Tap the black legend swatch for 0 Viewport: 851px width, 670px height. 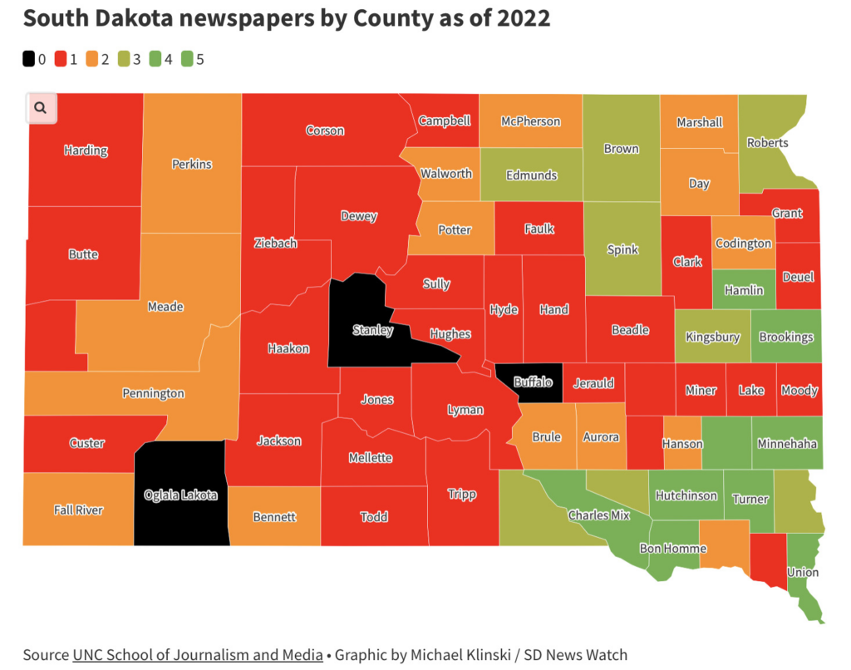click(29, 59)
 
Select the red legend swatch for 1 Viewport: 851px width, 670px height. click(61, 59)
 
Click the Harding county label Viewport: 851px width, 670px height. click(86, 150)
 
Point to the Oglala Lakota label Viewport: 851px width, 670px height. click(180, 495)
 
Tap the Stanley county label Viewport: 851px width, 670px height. click(372, 330)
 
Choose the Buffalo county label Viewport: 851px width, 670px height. click(533, 382)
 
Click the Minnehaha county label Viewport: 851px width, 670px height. click(786, 444)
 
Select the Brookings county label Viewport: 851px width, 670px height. click(786, 337)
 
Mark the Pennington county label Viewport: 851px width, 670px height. click(153, 393)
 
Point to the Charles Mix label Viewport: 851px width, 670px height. click(599, 515)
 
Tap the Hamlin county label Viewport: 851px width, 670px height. click(744, 290)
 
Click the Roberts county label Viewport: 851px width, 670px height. click(767, 142)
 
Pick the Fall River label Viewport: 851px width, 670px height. click(78, 510)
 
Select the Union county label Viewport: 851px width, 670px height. click(803, 572)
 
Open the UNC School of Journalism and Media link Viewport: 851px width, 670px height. click(198, 655)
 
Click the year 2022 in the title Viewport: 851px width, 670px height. click(522, 18)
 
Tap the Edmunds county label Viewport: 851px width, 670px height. click(532, 175)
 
